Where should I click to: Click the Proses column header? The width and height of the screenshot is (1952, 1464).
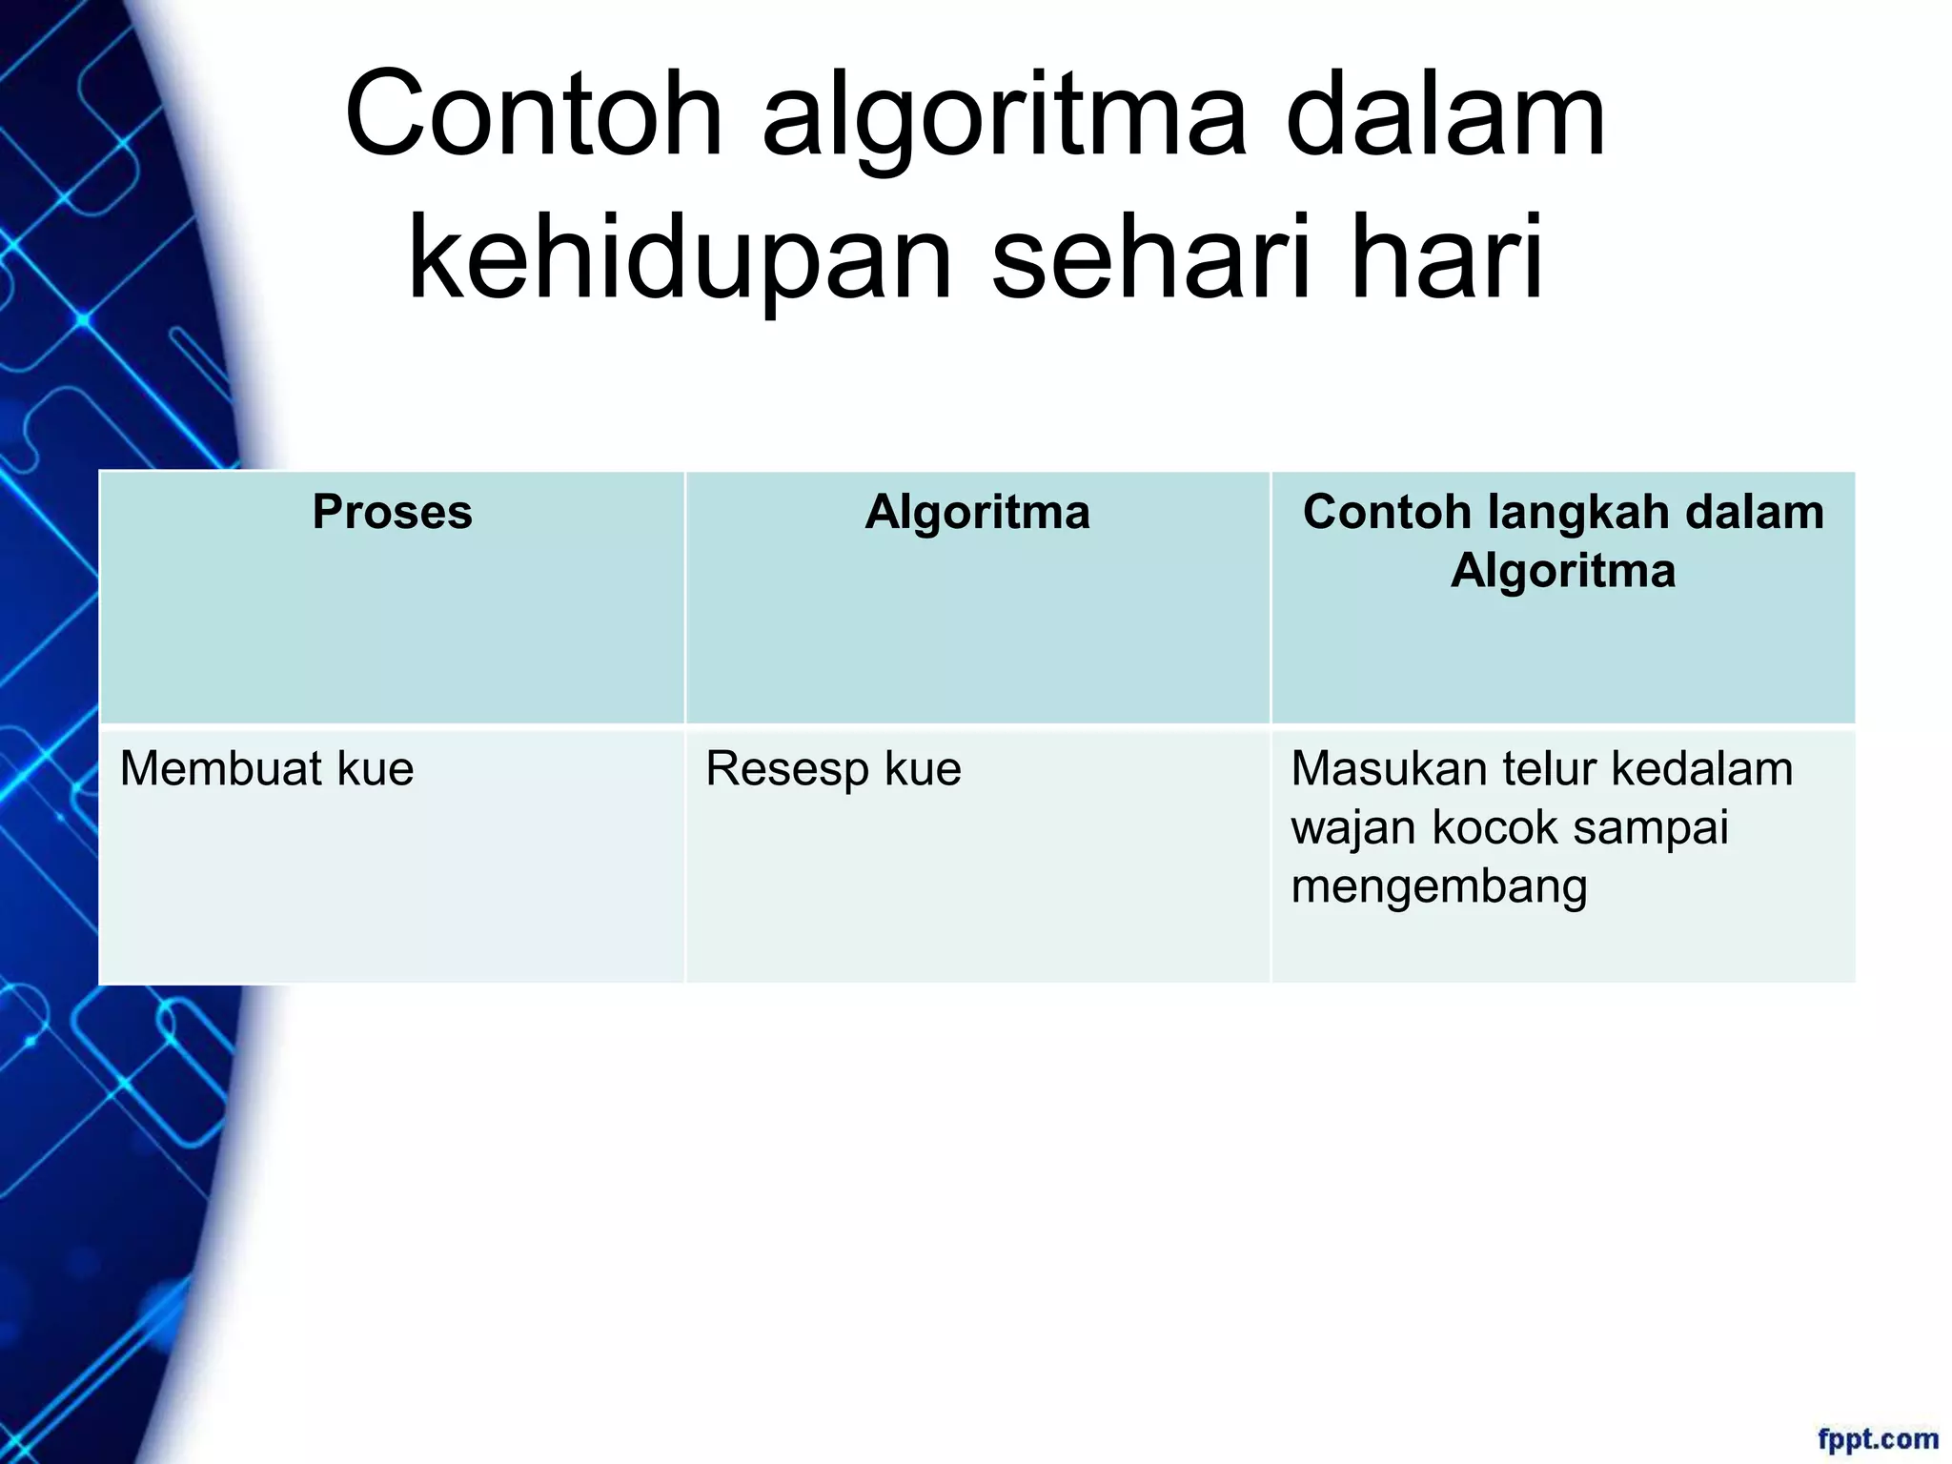click(x=392, y=512)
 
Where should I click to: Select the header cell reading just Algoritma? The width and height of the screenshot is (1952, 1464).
click(x=977, y=512)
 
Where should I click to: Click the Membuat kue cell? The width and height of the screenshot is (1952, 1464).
click(x=267, y=768)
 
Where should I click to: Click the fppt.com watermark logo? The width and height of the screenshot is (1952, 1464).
click(x=1877, y=1439)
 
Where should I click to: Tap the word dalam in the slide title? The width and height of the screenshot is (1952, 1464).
click(x=1445, y=116)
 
